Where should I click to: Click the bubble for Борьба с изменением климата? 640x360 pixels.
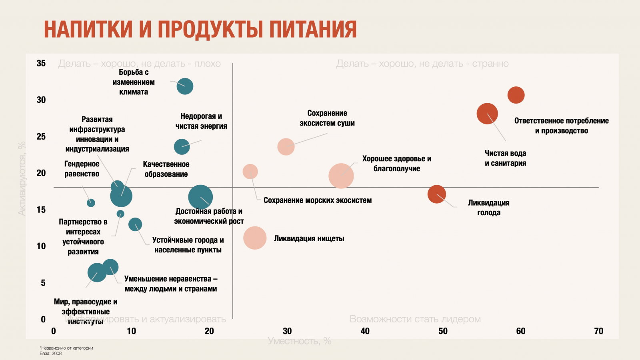point(185,86)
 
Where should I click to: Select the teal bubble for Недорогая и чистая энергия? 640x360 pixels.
point(182,147)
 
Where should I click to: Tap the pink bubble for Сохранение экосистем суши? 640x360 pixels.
point(286,147)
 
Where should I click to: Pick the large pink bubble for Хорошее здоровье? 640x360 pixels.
point(341,176)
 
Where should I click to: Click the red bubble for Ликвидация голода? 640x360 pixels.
point(437,194)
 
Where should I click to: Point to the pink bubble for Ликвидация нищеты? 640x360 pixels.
point(255,238)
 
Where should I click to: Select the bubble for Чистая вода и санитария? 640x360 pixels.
point(487,114)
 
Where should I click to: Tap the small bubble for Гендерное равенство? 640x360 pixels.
point(91,203)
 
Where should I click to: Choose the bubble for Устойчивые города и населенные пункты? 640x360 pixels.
point(135,224)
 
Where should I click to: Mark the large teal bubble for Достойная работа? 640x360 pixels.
point(200,197)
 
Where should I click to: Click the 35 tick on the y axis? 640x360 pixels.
point(41,63)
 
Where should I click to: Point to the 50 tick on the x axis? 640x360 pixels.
point(443,331)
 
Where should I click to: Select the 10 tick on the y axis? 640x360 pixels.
point(41,246)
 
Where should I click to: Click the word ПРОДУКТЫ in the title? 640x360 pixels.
point(210,30)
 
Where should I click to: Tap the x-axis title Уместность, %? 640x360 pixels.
point(300,341)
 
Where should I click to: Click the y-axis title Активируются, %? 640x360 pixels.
point(22,178)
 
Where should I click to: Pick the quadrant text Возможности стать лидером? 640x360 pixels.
point(415,319)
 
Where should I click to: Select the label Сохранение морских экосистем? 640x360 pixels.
point(318,200)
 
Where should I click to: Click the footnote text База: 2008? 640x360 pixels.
point(51,354)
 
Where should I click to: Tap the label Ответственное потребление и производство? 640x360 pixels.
point(561,126)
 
